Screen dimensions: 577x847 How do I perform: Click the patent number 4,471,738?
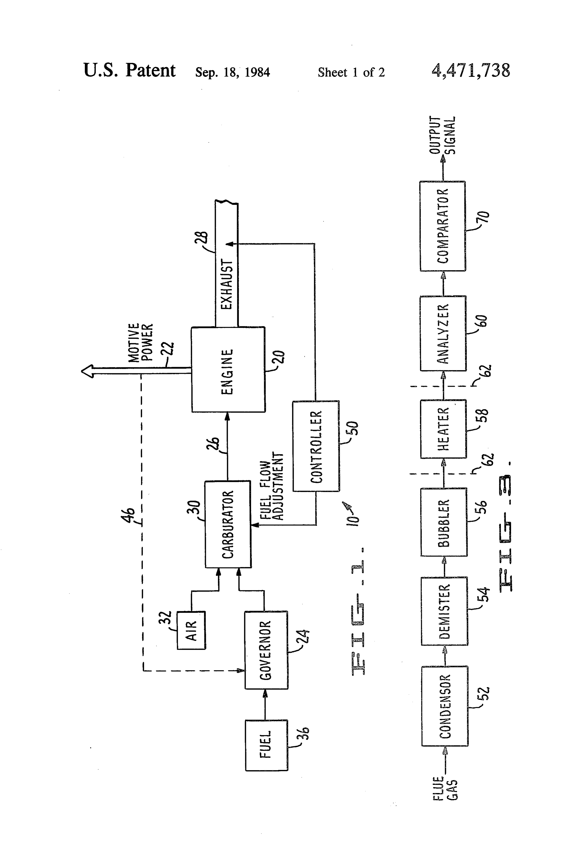click(471, 70)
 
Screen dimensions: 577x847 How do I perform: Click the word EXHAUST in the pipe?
click(227, 284)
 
